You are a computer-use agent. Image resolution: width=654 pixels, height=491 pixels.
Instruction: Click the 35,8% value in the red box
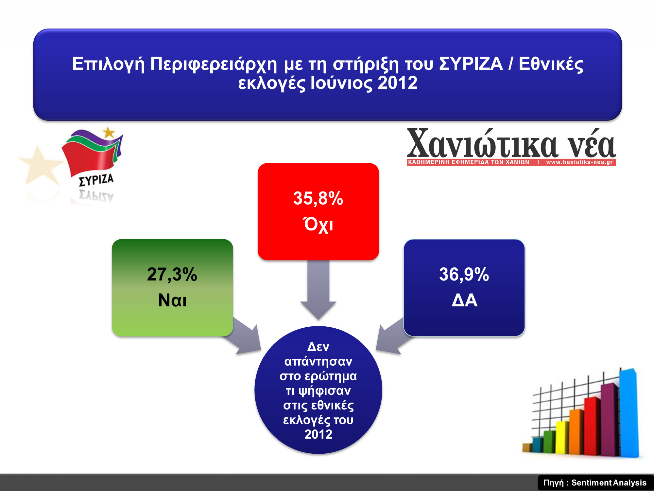pyautogui.click(x=318, y=199)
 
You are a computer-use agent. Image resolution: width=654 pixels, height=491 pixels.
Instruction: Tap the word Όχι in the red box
pyautogui.click(x=318, y=225)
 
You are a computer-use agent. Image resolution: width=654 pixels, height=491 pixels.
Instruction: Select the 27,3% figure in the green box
pyautogui.click(x=172, y=274)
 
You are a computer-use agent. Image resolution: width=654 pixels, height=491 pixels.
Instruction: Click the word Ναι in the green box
pyautogui.click(x=172, y=300)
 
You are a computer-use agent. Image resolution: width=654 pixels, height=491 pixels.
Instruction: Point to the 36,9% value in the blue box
pyautogui.click(x=464, y=274)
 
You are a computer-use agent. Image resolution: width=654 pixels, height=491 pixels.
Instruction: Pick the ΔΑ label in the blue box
pyautogui.click(x=464, y=300)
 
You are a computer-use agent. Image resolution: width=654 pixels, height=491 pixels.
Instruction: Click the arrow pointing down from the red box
pyautogui.click(x=318, y=290)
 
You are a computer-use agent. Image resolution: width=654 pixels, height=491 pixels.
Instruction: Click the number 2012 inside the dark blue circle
pyautogui.click(x=318, y=434)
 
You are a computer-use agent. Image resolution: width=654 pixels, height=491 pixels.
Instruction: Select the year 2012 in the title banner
pyautogui.click(x=398, y=83)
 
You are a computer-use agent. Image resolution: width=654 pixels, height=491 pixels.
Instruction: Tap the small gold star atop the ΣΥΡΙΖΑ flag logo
pyautogui.click(x=109, y=133)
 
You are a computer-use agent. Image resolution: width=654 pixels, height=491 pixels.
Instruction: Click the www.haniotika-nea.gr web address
pyautogui.click(x=579, y=162)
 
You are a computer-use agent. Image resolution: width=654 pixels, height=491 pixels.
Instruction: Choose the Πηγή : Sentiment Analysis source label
pyautogui.click(x=595, y=483)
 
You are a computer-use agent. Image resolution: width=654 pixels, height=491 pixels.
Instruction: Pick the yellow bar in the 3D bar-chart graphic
pyautogui.click(x=562, y=437)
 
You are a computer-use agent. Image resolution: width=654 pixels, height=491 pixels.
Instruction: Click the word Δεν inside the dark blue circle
pyautogui.click(x=318, y=347)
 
